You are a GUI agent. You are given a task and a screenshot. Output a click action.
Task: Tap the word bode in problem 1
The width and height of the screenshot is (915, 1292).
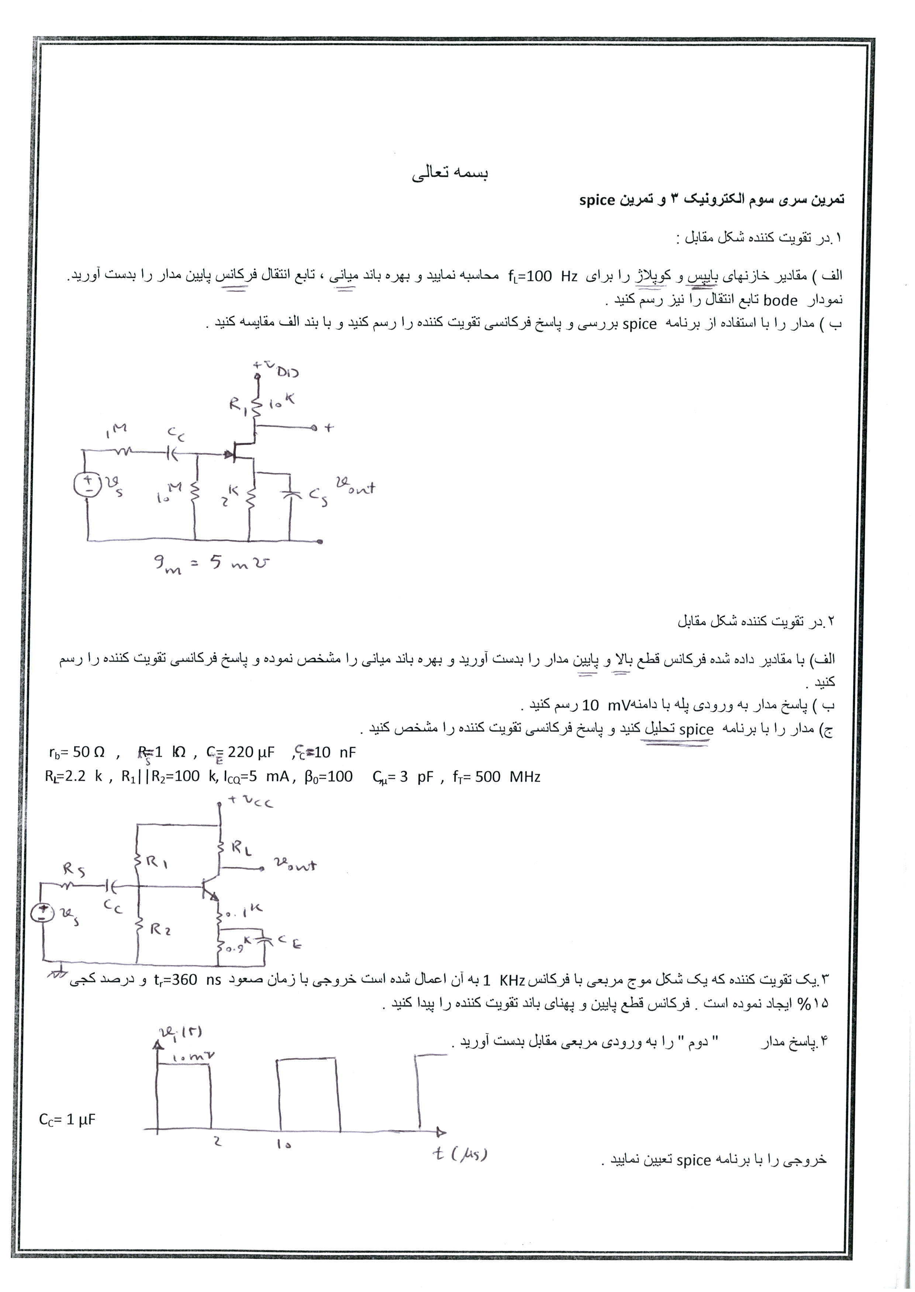pos(780,301)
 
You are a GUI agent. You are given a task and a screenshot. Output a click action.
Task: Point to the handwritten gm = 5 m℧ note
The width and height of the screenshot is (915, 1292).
pos(212,563)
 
